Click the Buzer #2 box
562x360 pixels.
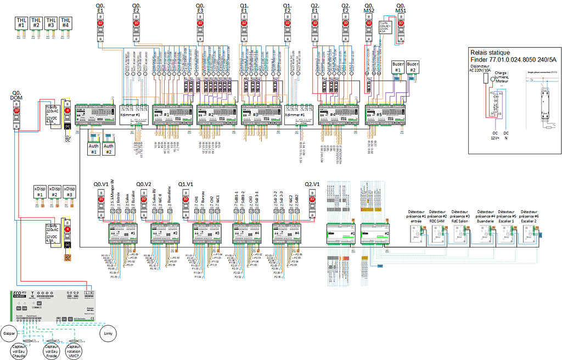[413, 67]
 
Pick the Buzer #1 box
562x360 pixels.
[397, 67]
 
